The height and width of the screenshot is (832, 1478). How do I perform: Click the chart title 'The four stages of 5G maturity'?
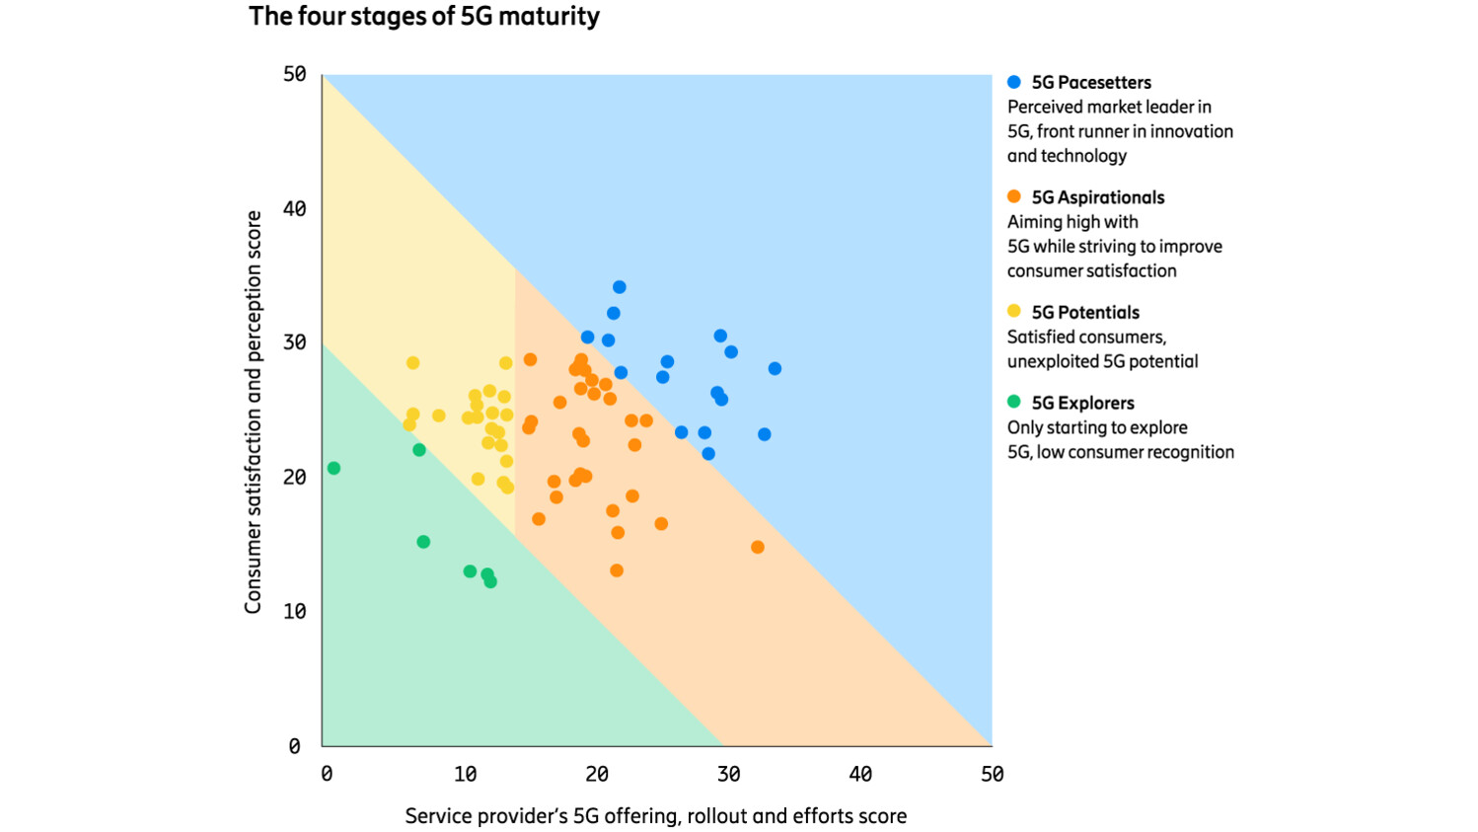tap(423, 17)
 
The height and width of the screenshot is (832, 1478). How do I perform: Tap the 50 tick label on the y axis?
tap(294, 75)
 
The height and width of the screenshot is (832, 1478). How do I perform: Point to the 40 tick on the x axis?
tap(859, 775)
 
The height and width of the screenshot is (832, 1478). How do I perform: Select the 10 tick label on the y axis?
tap(294, 612)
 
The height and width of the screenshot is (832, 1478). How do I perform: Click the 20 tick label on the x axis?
tap(596, 775)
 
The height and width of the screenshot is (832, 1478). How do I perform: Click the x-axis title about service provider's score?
tap(655, 816)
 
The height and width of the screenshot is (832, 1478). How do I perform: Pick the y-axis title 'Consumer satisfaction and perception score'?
tap(254, 412)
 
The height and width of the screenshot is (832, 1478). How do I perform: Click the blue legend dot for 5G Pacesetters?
tap(1013, 82)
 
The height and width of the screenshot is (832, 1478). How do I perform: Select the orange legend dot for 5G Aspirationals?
tap(1013, 196)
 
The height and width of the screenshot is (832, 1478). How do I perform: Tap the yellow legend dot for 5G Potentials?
tap(1013, 311)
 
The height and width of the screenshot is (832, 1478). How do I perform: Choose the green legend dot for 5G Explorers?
tap(1013, 402)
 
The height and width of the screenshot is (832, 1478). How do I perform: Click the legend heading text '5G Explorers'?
tap(1082, 403)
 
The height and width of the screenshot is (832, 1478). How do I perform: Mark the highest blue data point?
tap(619, 287)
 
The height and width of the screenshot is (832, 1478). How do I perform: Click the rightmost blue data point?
tap(775, 368)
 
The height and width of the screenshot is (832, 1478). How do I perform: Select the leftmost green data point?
tap(333, 468)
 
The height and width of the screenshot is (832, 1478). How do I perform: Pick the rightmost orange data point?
tap(757, 547)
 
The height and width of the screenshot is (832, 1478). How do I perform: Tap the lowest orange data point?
tap(616, 570)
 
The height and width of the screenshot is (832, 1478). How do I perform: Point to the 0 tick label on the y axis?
tap(294, 746)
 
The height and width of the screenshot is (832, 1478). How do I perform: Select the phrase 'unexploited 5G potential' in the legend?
tap(1102, 361)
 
